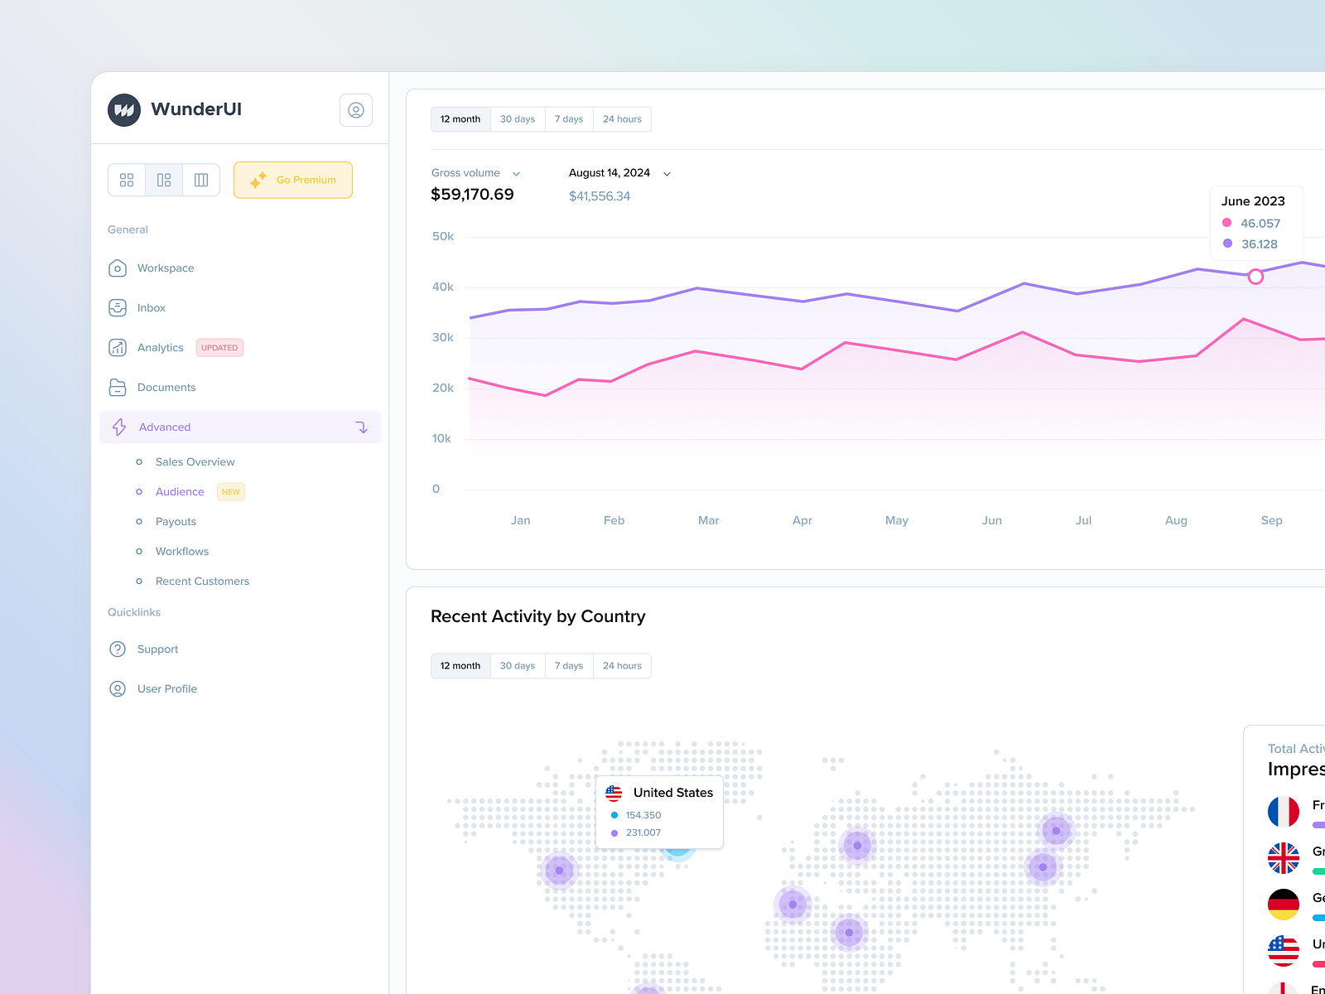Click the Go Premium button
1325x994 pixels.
(x=293, y=180)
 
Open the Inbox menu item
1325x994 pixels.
(x=151, y=308)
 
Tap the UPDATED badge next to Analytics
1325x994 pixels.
(x=219, y=348)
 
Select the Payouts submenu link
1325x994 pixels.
(x=176, y=522)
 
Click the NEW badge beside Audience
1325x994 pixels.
(x=231, y=492)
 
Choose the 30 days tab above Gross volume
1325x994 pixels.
(x=518, y=119)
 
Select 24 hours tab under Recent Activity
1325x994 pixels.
(x=622, y=666)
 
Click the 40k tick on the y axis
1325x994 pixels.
(x=443, y=287)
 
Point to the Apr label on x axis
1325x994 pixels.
(x=802, y=520)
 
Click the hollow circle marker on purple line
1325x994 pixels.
(x=1255, y=277)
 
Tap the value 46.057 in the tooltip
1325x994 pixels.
(x=1260, y=224)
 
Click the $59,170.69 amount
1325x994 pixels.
(x=472, y=195)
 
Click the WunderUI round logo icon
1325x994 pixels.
(x=124, y=109)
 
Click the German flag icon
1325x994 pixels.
(x=1283, y=904)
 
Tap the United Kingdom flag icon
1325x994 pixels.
(x=1283, y=858)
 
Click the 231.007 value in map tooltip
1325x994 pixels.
(x=643, y=833)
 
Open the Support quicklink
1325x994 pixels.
(x=157, y=649)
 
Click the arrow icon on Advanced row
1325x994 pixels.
(x=362, y=427)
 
